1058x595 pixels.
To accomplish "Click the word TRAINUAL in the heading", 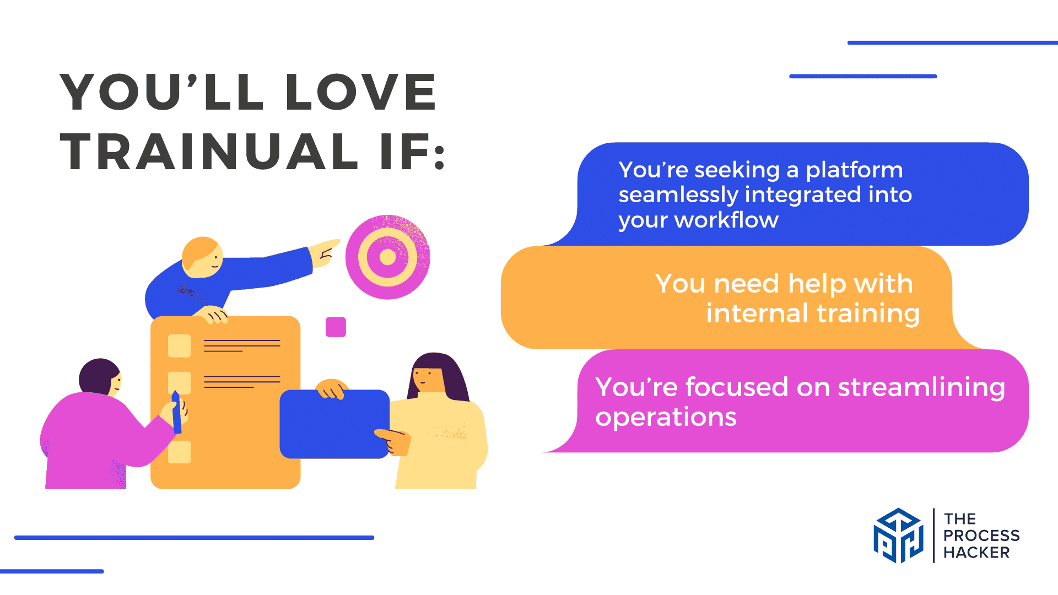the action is click(209, 152).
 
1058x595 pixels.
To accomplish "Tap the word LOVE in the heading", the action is click(361, 91).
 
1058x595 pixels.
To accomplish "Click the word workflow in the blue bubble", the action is click(726, 220).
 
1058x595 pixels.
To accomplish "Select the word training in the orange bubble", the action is click(868, 314).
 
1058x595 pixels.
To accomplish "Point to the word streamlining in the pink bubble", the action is click(921, 387).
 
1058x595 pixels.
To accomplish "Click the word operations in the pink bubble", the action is click(666, 417).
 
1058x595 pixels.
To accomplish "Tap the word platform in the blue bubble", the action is click(854, 171).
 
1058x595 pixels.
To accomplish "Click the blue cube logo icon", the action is click(898, 535).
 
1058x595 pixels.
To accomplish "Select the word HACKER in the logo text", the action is click(976, 553).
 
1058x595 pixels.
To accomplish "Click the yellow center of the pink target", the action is click(388, 257).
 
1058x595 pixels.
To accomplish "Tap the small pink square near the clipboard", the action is click(336, 327).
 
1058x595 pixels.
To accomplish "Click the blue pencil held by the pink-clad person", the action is click(176, 412).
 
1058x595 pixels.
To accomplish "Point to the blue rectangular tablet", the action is click(334, 424).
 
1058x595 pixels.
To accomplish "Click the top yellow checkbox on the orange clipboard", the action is click(179, 346).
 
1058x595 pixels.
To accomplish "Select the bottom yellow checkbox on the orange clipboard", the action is click(179, 452).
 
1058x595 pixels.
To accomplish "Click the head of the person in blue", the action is click(202, 257).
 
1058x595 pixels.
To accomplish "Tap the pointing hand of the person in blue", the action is click(326, 253).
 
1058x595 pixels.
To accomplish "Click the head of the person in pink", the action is click(100, 377).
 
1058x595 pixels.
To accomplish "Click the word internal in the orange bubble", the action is click(758, 313).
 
